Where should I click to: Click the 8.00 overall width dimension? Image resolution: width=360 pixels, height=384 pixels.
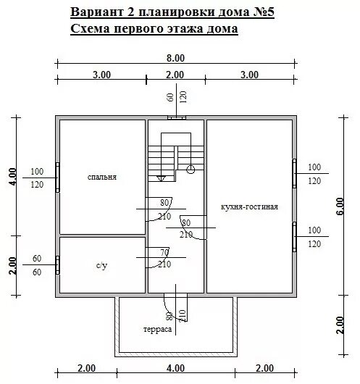tap(175, 57)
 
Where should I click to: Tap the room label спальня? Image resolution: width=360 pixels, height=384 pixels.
tap(101, 177)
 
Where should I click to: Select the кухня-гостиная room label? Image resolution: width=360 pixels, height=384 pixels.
tap(249, 206)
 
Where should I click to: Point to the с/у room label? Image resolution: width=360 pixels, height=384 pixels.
tap(102, 265)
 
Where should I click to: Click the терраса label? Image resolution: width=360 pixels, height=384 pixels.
tap(157, 328)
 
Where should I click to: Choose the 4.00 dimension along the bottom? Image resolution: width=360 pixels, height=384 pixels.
tap(175, 368)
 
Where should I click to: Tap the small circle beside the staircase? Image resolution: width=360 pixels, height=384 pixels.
tap(191, 169)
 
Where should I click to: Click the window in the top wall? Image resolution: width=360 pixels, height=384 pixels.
tap(176, 117)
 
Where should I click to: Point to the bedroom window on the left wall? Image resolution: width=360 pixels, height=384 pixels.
tap(57, 177)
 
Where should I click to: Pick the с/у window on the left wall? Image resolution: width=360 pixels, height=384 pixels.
tap(57, 264)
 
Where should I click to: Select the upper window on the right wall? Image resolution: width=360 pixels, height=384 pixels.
tap(294, 172)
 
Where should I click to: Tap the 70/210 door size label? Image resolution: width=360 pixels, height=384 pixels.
tap(164, 258)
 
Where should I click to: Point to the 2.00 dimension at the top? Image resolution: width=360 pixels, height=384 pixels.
tap(175, 75)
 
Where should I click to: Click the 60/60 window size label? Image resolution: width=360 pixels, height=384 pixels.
tap(37, 265)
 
